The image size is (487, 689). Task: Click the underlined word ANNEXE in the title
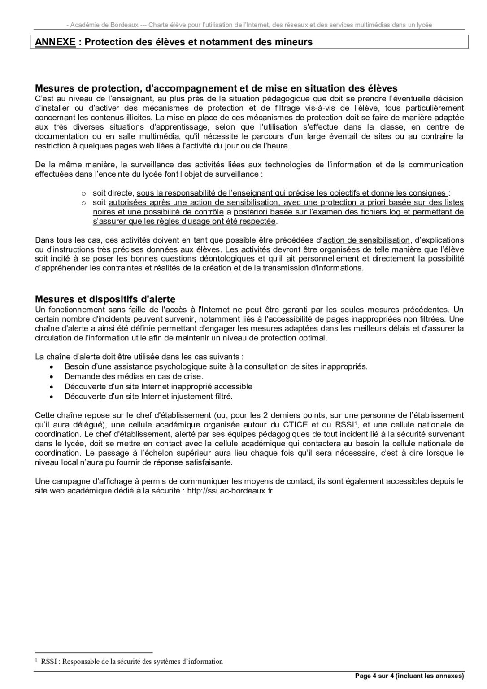pyautogui.click(x=55, y=42)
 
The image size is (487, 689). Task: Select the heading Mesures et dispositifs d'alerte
pyautogui.click(x=105, y=299)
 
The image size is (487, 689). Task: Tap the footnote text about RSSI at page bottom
pyautogui.click(x=131, y=661)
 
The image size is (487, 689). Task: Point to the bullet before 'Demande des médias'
pyautogui.click(x=53, y=377)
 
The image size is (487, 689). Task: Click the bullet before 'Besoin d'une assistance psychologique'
pyautogui.click(x=53, y=367)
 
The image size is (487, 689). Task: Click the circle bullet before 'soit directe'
pyautogui.click(x=83, y=193)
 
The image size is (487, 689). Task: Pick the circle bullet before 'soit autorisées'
pyautogui.click(x=83, y=203)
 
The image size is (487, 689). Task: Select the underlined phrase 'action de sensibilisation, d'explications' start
pyautogui.click(x=366, y=240)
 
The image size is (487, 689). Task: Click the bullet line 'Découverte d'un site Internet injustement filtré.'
pyautogui.click(x=148, y=397)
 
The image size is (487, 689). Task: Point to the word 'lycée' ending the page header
pyautogui.click(x=423, y=25)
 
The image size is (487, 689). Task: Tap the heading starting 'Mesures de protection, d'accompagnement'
pyautogui.click(x=216, y=88)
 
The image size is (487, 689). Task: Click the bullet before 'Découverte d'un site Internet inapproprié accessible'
pyautogui.click(x=53, y=387)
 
